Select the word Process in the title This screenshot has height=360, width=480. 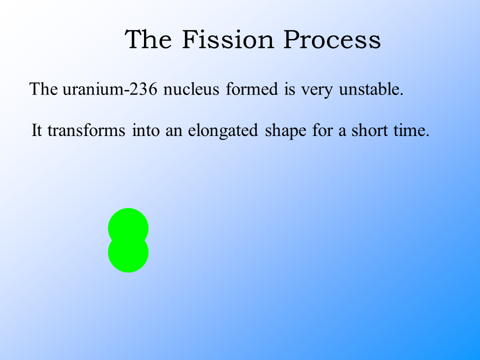click(x=332, y=39)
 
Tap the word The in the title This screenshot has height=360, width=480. click(x=148, y=39)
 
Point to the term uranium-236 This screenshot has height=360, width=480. click(x=110, y=89)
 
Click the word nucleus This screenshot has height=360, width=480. click(x=191, y=89)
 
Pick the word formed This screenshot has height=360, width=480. click(x=252, y=89)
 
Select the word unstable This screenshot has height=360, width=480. click(x=371, y=89)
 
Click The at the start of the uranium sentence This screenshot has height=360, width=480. click(x=43, y=89)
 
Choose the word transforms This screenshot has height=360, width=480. click(x=86, y=130)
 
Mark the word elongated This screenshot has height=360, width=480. click(x=223, y=130)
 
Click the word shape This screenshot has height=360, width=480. click(x=285, y=130)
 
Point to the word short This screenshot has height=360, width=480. click(x=369, y=130)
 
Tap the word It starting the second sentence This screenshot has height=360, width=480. click(x=36, y=130)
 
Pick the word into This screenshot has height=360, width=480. click(x=145, y=130)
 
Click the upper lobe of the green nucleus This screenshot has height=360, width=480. click(x=128, y=225)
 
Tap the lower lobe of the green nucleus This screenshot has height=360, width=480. click(x=128, y=255)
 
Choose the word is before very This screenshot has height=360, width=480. click(x=289, y=89)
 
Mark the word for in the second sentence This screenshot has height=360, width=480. click(x=322, y=130)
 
